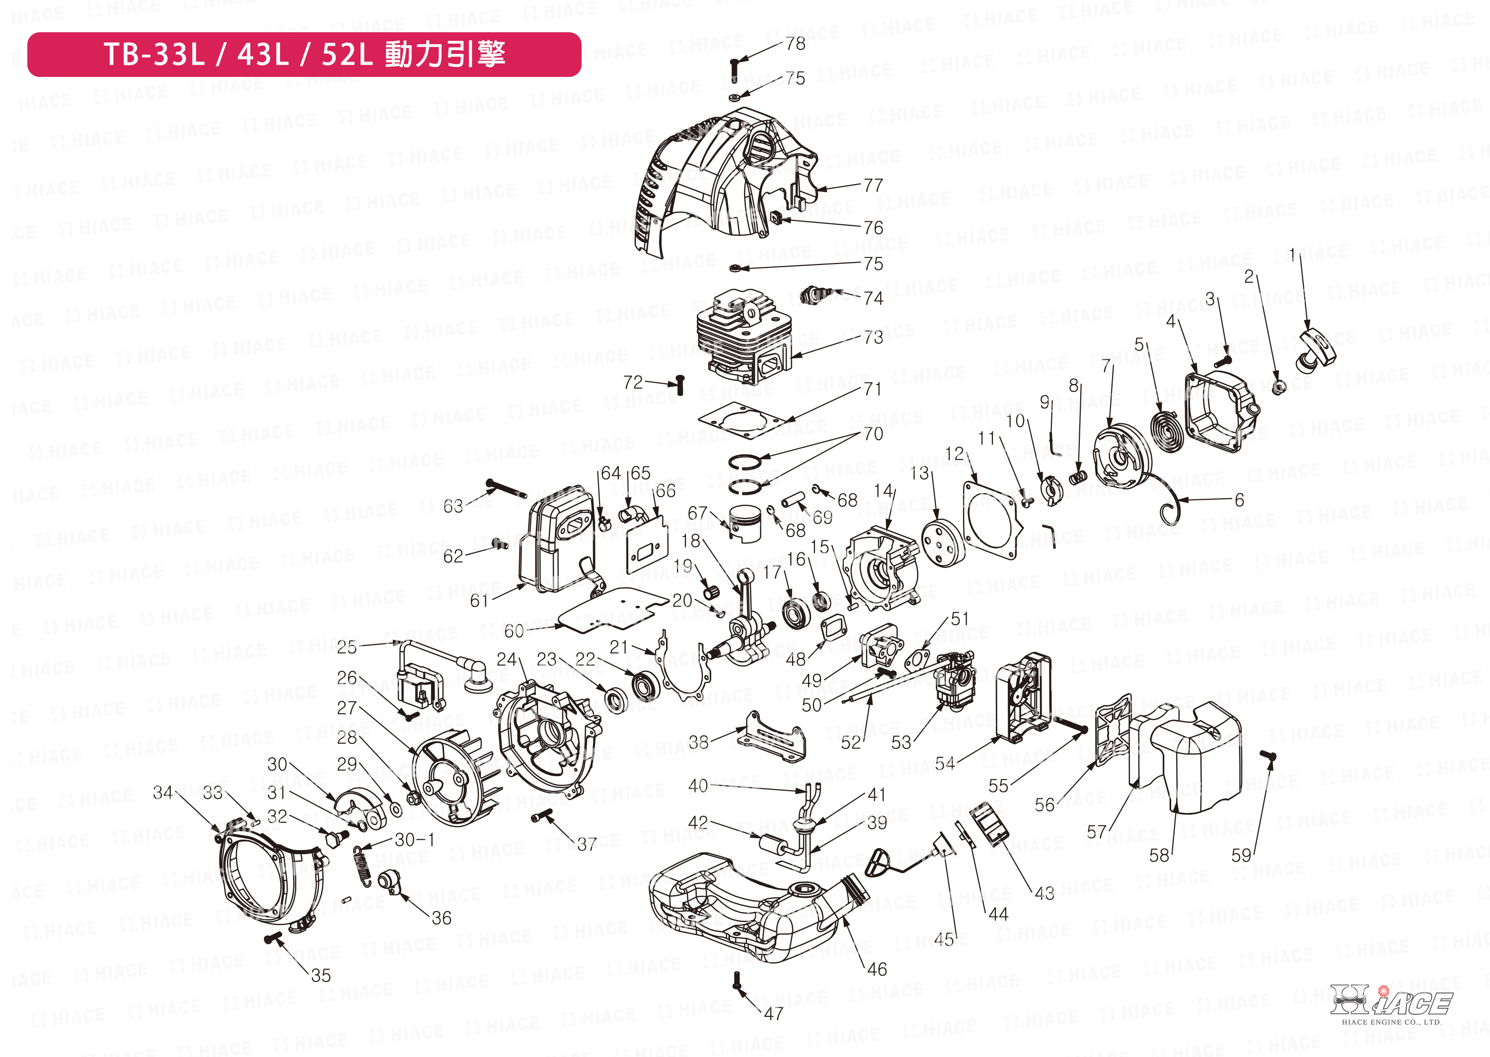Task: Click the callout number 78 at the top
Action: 796,44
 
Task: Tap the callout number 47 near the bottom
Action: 773,1013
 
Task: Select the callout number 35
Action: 321,975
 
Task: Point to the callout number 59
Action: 1241,855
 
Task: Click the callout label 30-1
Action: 414,840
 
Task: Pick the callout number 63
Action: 453,506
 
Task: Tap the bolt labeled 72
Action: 680,384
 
